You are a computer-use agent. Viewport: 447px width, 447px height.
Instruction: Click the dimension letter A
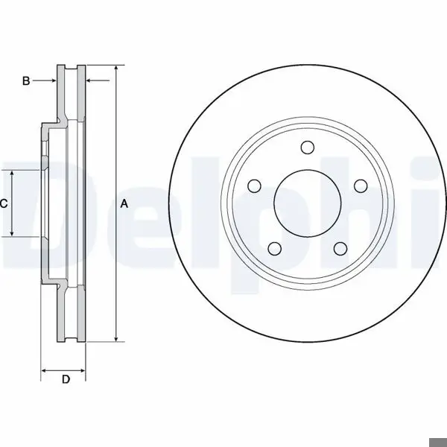click(124, 204)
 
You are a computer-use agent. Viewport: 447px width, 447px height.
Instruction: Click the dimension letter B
click(26, 81)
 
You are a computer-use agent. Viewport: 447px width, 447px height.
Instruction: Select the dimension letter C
click(4, 204)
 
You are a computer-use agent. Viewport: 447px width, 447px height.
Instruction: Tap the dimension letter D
click(66, 379)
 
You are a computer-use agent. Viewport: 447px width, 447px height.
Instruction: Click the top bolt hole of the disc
click(308, 148)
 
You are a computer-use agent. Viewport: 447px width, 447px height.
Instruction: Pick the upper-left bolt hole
click(254, 186)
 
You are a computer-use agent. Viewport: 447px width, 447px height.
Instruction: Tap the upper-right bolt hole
click(361, 186)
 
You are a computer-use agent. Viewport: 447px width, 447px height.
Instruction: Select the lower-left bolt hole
click(275, 249)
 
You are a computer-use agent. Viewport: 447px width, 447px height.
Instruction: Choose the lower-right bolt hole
click(340, 249)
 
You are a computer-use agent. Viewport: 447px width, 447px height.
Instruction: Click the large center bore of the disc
click(308, 203)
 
